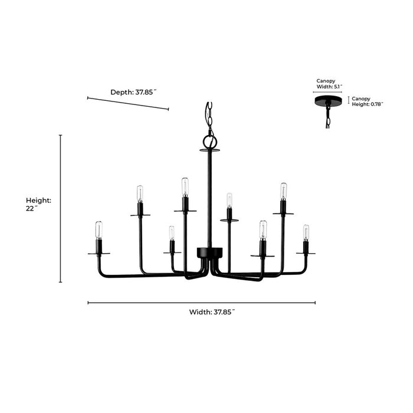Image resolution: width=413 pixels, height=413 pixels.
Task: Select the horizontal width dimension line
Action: (x=201, y=303)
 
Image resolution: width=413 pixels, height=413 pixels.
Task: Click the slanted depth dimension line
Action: (x=127, y=103)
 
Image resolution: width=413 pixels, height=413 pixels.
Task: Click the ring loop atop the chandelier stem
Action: (x=209, y=142)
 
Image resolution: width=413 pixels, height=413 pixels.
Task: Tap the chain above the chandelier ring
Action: (x=208, y=117)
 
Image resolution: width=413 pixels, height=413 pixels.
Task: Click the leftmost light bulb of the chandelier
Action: (x=99, y=230)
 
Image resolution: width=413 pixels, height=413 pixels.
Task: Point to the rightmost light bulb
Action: (x=306, y=231)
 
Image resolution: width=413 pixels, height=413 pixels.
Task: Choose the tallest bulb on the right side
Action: (x=283, y=191)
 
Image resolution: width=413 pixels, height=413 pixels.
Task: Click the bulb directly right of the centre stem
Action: (x=229, y=200)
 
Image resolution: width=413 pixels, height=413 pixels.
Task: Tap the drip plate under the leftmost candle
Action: (x=99, y=253)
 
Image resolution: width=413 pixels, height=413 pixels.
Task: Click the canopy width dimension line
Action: (x=327, y=93)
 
